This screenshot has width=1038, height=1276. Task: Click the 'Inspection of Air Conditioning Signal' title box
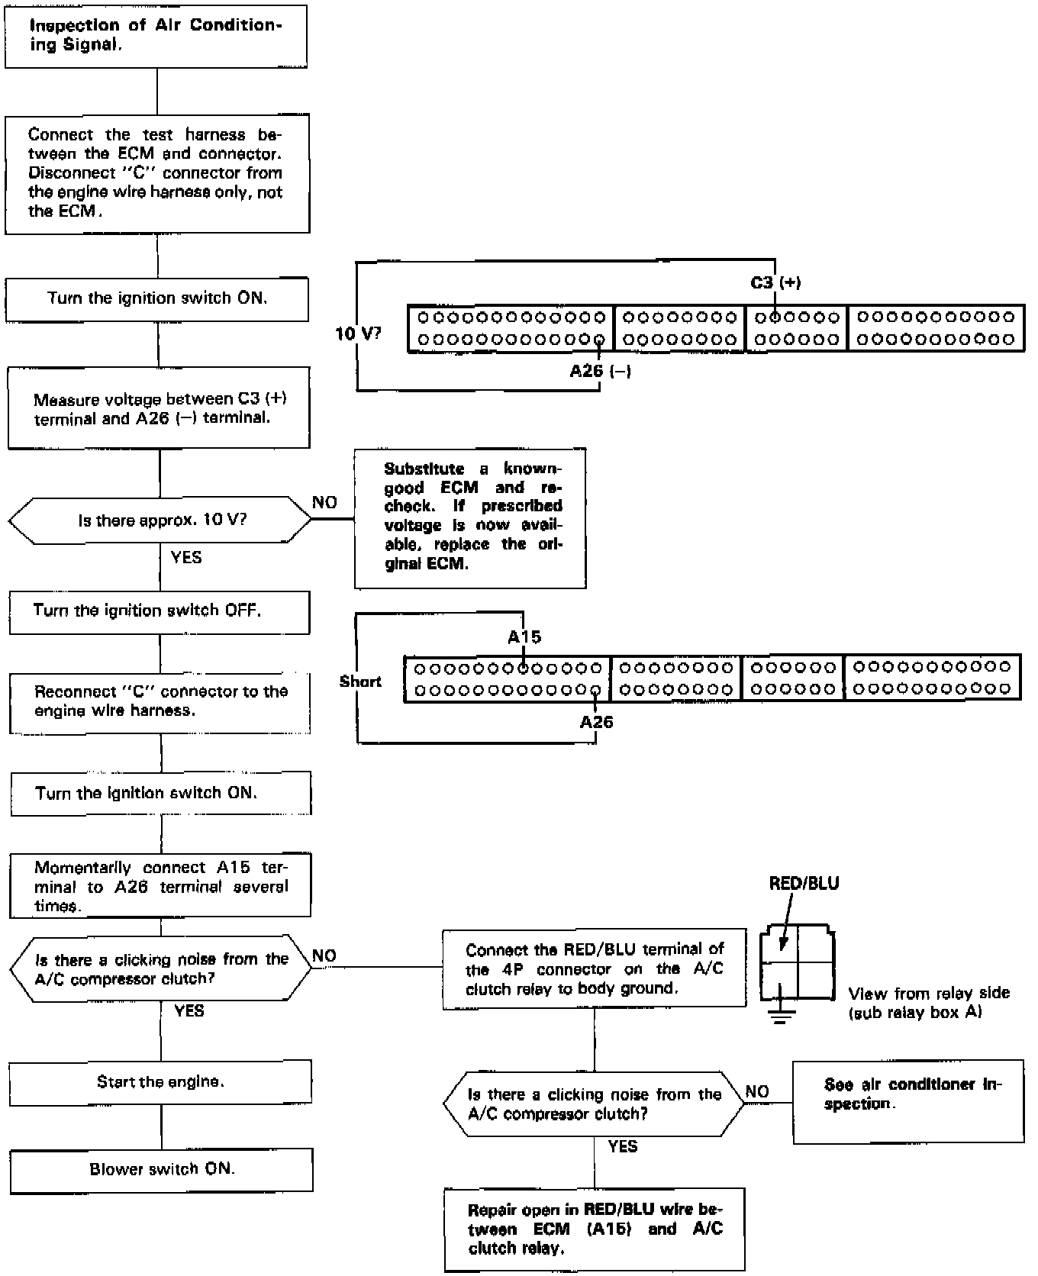click(156, 36)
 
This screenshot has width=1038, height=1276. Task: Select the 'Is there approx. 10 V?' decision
click(160, 520)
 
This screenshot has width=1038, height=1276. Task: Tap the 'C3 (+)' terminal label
click(775, 283)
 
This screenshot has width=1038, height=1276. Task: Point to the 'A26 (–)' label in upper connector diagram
click(600, 372)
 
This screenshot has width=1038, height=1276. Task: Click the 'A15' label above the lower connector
click(524, 637)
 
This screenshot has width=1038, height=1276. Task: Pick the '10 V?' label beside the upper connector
click(358, 333)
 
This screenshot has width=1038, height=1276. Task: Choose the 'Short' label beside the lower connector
click(360, 681)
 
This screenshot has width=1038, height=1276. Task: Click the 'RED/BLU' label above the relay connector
click(804, 884)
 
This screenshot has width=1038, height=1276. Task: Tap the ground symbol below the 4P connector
click(779, 1016)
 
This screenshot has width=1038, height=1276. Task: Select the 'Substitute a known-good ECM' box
click(470, 518)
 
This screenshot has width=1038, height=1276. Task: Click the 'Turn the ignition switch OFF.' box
click(160, 612)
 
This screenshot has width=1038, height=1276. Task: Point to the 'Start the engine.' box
click(160, 1082)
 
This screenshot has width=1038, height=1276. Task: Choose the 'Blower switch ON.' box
click(161, 1170)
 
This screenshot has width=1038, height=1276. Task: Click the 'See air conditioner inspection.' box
click(908, 1100)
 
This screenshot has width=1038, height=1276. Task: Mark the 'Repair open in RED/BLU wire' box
click(595, 1229)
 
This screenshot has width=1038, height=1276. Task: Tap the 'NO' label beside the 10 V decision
click(324, 503)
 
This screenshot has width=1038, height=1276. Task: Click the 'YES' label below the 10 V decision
click(186, 558)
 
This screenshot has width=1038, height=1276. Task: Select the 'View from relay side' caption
click(928, 1003)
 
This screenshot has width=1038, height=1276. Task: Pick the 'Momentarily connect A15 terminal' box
click(160, 886)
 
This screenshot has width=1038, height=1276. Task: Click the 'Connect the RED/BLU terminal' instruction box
click(595, 968)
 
